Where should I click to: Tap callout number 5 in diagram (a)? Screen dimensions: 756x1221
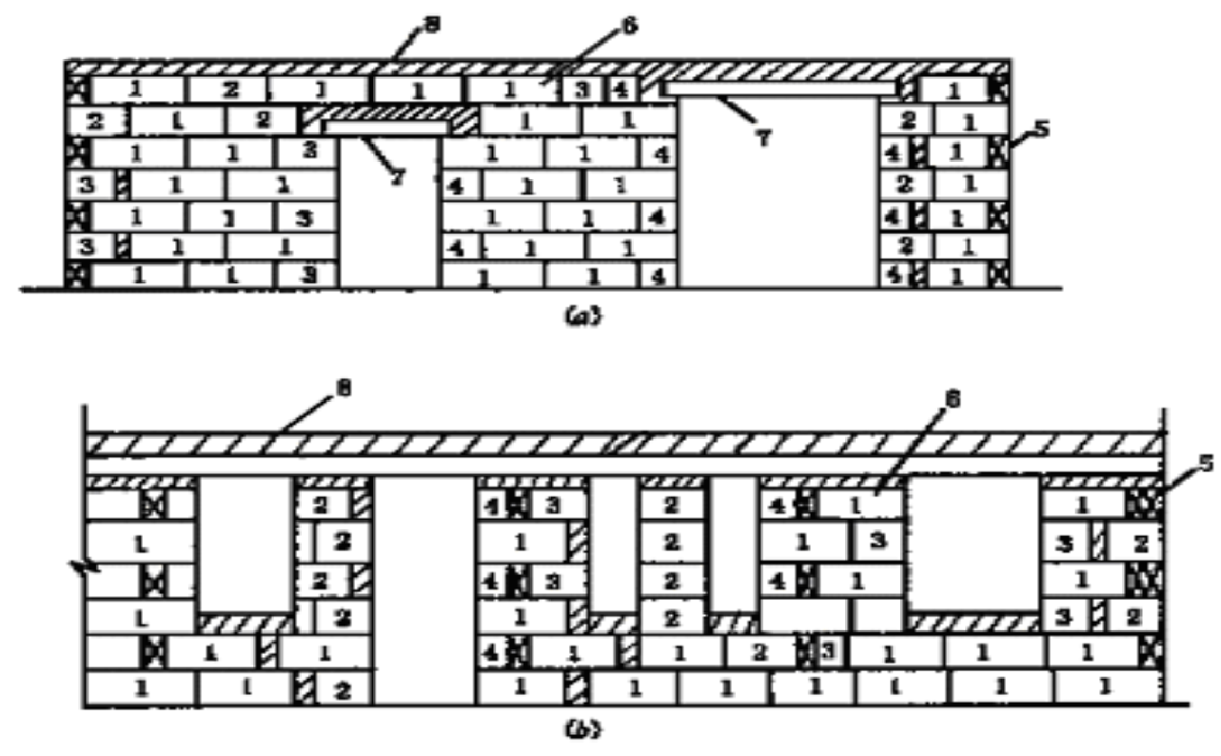pyautogui.click(x=1041, y=127)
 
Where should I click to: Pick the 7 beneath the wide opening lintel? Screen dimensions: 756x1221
pyautogui.click(x=762, y=137)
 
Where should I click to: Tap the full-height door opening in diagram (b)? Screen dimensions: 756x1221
pyautogui.click(x=423, y=590)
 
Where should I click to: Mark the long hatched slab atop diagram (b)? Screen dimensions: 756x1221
pyautogui.click(x=623, y=445)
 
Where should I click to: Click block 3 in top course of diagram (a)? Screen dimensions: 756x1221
pyautogui.click(x=581, y=89)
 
